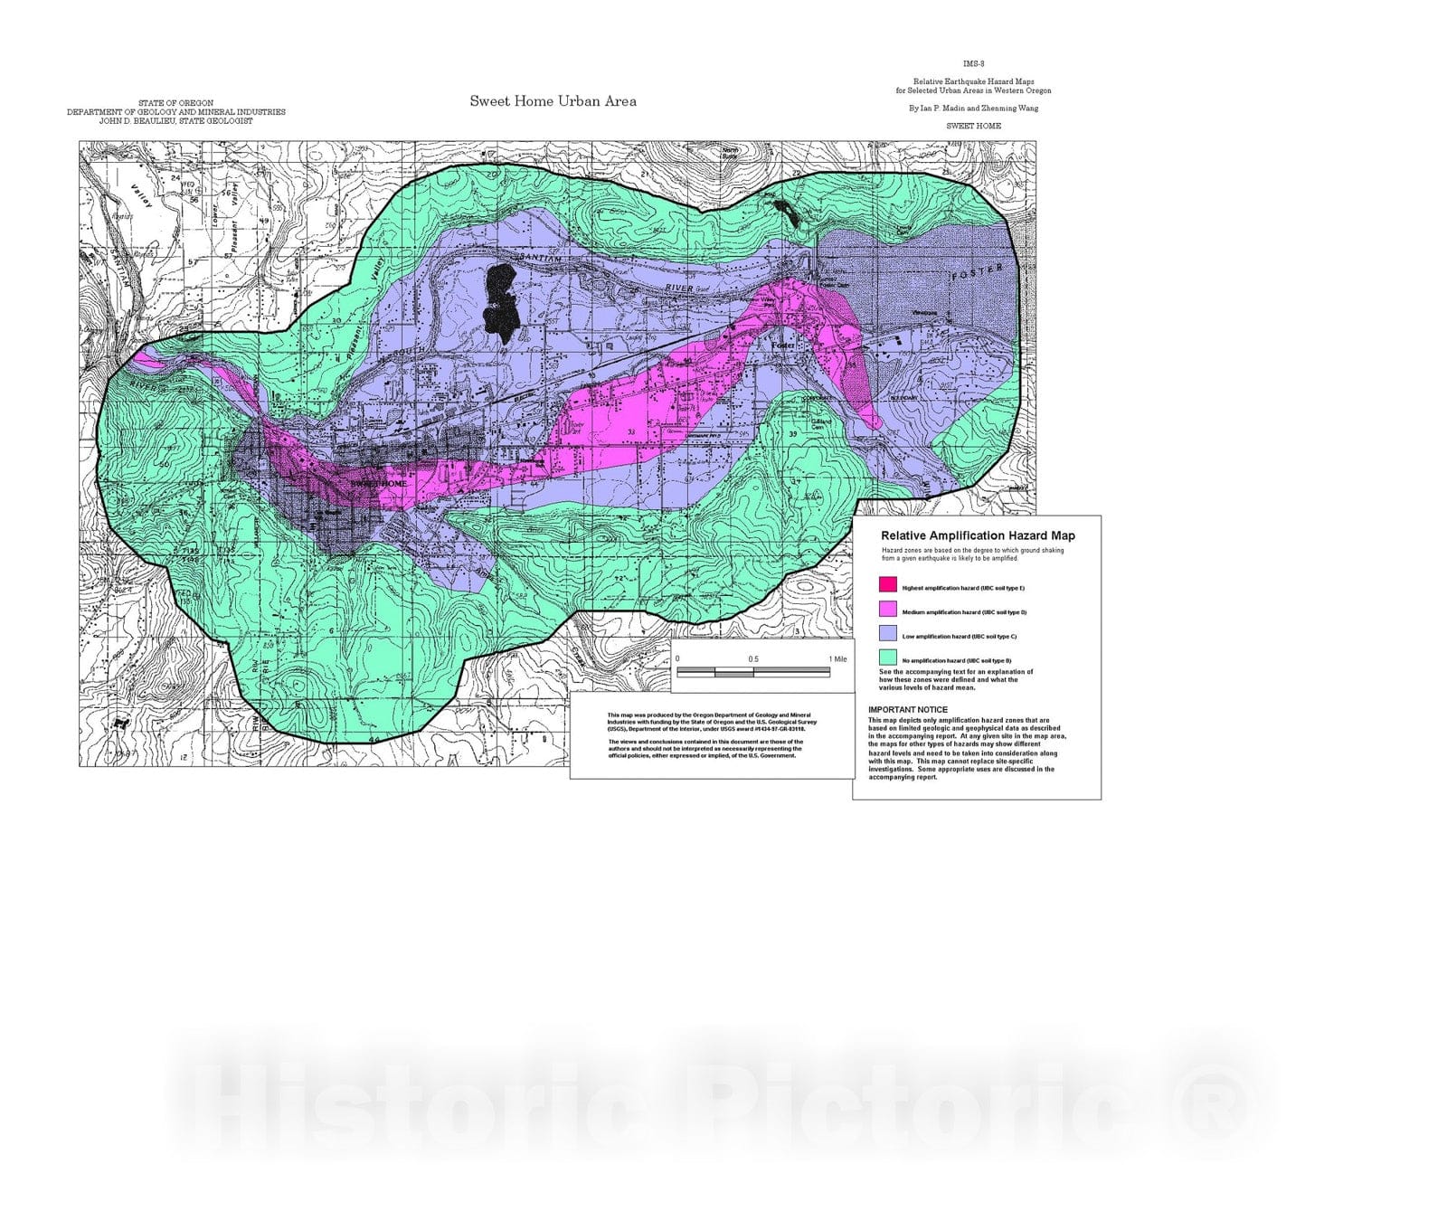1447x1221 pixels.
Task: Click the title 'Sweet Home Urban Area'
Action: [553, 101]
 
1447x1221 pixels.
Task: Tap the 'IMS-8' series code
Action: [973, 64]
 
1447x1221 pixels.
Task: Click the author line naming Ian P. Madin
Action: [973, 109]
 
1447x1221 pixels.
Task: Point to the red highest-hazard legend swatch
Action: [888, 585]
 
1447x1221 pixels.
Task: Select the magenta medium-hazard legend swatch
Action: [888, 610]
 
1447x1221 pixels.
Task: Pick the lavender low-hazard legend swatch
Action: [888, 634]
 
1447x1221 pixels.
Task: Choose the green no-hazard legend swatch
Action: [888, 658]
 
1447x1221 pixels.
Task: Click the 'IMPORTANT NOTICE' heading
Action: [908, 710]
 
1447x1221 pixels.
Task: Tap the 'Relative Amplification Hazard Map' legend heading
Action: [978, 536]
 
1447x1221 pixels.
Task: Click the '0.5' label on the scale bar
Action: [753, 659]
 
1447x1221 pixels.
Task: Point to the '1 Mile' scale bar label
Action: [837, 659]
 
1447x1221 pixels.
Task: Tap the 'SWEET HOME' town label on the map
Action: [378, 484]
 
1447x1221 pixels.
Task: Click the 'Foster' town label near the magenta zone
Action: [783, 345]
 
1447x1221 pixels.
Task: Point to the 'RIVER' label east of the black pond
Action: [679, 289]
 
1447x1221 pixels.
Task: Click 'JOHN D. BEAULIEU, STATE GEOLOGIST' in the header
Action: [175, 121]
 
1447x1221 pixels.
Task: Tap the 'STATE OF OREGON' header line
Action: [175, 103]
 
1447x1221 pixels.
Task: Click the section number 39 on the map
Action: [793, 435]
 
